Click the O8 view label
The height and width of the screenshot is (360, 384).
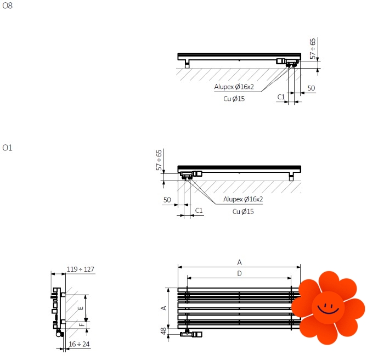point(7,5)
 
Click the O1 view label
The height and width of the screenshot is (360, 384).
point(7,148)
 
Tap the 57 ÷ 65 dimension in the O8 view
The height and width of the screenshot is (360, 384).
point(313,49)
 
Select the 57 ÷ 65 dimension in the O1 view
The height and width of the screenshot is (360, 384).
point(159,160)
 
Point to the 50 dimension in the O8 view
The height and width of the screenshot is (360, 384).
point(311,88)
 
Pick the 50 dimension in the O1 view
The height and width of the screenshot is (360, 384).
point(167,200)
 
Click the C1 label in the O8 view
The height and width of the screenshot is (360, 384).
point(281,97)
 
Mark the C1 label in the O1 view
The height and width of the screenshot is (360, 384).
point(199,211)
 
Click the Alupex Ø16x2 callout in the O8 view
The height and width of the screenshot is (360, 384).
point(234,87)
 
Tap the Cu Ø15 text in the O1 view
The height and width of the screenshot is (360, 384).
point(243,211)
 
